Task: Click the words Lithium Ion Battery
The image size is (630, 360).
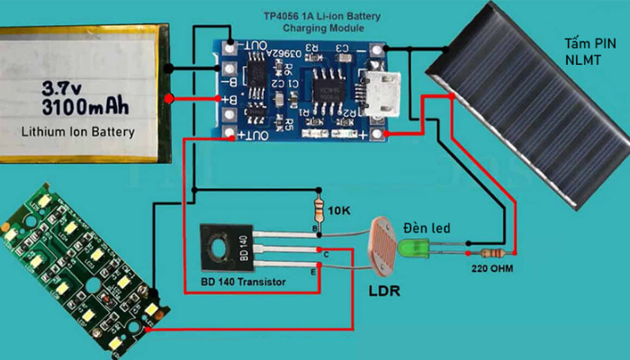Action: pos(77,132)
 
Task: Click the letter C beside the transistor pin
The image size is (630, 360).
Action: pos(326,255)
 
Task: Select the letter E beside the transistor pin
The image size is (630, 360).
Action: pos(314,271)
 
